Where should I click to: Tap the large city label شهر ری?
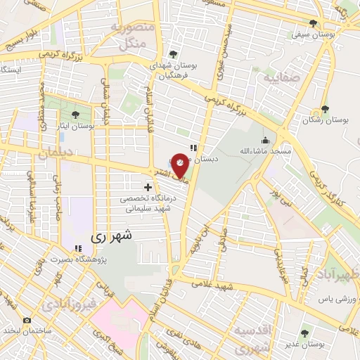click(x=108, y=238)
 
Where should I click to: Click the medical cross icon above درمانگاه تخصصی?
click(x=148, y=187)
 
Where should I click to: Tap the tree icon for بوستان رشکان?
click(x=324, y=109)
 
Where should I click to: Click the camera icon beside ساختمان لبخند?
click(x=27, y=320)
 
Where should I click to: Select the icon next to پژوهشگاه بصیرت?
click(x=78, y=248)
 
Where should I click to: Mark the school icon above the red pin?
click(x=193, y=147)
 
